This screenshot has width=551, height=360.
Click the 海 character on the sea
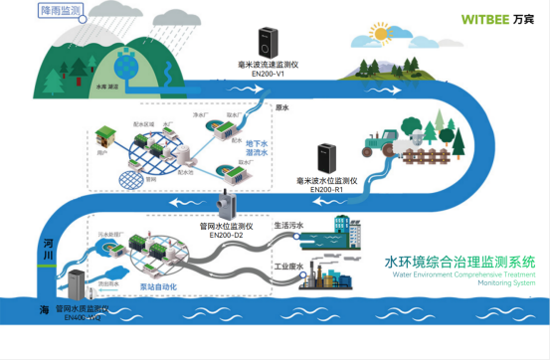click(x=45, y=310)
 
